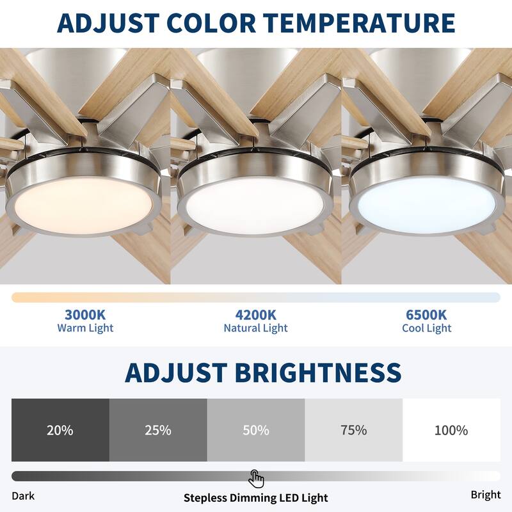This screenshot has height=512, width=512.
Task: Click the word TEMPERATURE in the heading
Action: pos(364,23)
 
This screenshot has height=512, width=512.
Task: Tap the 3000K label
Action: pos(85,315)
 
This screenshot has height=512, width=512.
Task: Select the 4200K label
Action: pos(255,315)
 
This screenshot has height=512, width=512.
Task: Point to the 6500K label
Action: pos(426,315)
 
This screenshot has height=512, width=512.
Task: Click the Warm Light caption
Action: pos(85,328)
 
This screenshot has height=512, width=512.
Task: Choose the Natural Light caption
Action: pos(255,328)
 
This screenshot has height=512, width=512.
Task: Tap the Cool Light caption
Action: pos(426,328)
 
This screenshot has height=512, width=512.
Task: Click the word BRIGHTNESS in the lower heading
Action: pos(317,372)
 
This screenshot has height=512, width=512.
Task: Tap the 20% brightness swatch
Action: pos(60,430)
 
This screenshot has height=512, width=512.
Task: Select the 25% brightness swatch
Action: pos(158,430)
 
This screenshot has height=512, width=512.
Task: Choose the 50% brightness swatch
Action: pos(256,430)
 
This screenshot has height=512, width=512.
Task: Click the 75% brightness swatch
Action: pos(353,430)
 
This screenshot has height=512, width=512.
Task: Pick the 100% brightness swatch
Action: pos(451,430)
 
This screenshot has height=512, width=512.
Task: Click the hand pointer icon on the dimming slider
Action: pos(256,478)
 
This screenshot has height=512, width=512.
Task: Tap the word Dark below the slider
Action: pos(23,496)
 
